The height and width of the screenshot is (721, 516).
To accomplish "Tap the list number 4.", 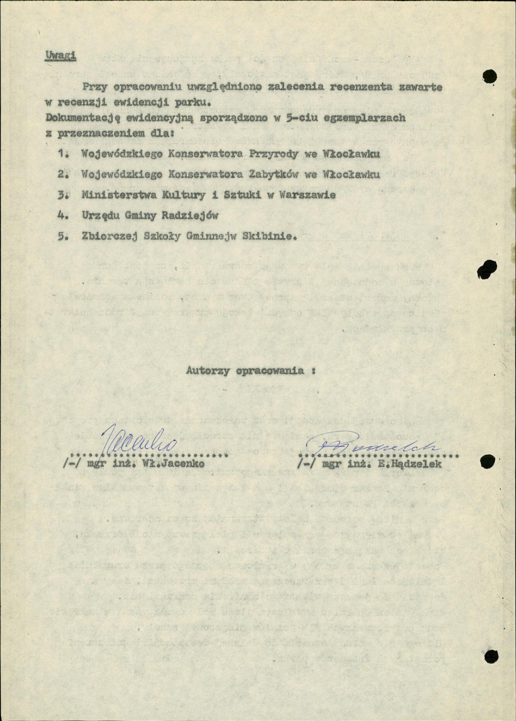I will tap(61, 215).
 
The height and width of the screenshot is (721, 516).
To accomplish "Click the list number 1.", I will tap(61, 154).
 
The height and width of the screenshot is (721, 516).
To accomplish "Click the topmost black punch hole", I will tap(490, 76).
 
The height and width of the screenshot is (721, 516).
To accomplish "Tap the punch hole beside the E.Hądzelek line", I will tap(487, 461).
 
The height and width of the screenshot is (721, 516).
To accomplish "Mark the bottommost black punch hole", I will tap(491, 656).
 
